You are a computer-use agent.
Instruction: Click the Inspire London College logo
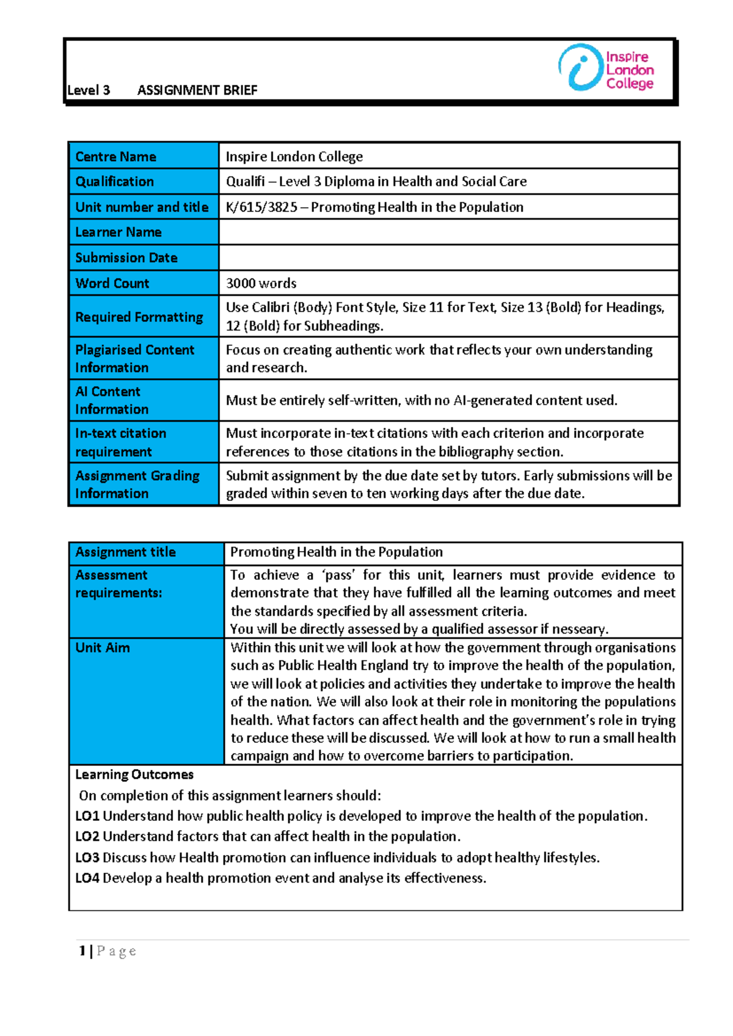(x=606, y=68)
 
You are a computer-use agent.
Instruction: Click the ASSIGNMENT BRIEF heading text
(x=197, y=90)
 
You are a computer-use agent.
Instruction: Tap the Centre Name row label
(x=115, y=157)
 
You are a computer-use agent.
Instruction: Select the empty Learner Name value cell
(x=448, y=232)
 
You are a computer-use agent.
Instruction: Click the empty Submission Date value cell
(x=448, y=258)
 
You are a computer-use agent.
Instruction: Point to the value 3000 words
(x=261, y=283)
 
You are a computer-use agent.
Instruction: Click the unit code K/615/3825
(x=261, y=207)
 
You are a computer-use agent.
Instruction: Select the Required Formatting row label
(x=139, y=317)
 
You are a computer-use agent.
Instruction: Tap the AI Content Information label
(x=111, y=400)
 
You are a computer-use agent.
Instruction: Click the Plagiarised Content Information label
(x=134, y=359)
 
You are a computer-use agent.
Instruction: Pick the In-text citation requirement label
(x=120, y=442)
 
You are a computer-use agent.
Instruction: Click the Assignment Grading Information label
(x=137, y=484)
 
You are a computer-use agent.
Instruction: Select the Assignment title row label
(x=125, y=552)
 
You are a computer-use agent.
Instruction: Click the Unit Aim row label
(x=103, y=647)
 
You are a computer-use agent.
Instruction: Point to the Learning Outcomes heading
(x=134, y=775)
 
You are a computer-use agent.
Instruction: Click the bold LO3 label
(x=87, y=858)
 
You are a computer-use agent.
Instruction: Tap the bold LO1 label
(x=87, y=816)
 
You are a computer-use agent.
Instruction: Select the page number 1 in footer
(x=82, y=951)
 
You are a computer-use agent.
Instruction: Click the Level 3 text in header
(x=89, y=90)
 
